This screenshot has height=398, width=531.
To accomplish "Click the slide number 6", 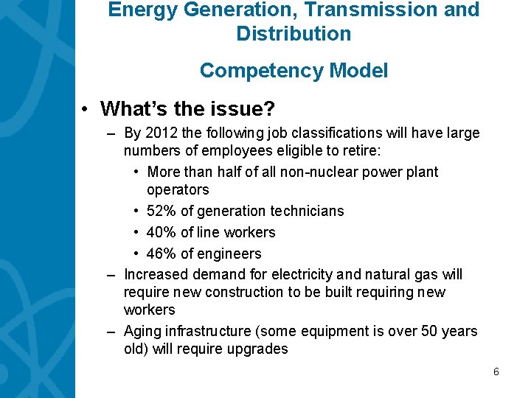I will (496, 372).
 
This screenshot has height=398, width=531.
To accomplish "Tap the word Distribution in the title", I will (294, 34).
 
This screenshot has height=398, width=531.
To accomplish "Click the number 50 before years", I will (428, 332).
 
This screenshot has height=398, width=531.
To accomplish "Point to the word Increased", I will (156, 275).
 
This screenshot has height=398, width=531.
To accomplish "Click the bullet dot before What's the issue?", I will (86, 110).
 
